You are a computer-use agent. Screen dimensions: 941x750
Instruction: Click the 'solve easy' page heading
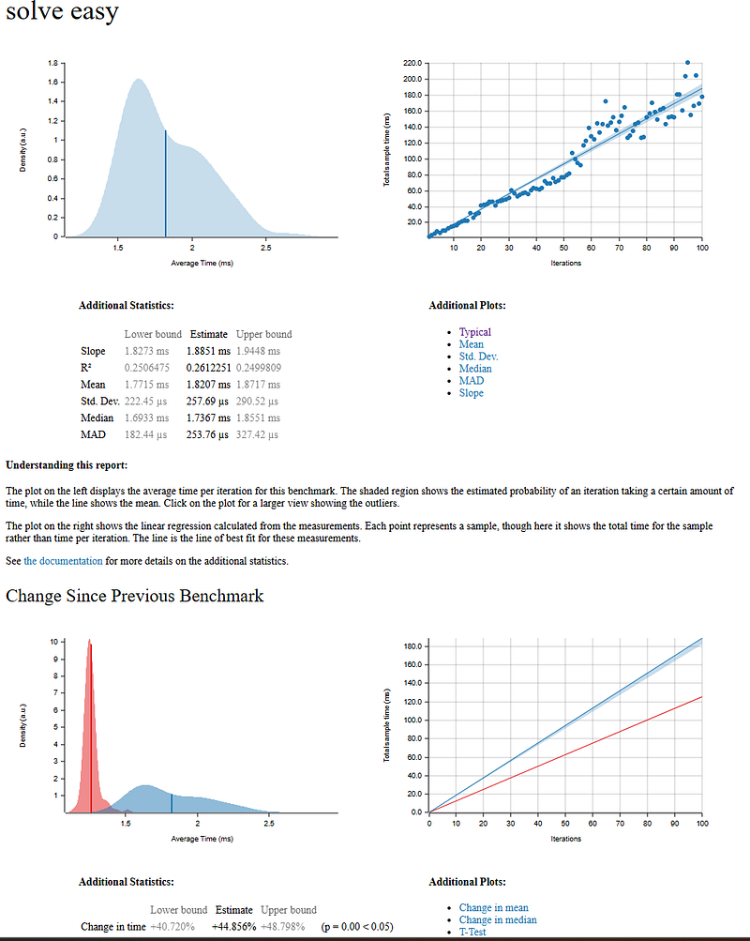coord(62,13)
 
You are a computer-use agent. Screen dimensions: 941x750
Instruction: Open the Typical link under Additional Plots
coord(474,332)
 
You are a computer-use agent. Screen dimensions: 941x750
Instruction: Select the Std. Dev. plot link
coord(478,357)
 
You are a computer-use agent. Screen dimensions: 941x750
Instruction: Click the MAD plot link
coord(471,381)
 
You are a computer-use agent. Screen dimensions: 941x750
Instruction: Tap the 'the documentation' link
coord(63,561)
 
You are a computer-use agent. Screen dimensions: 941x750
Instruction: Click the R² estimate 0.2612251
coord(207,368)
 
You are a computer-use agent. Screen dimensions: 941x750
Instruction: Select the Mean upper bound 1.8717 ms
coord(258,385)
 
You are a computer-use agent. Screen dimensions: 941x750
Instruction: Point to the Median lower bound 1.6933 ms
coord(146,418)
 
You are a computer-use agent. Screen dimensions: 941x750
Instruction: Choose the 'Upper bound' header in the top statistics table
coord(263,334)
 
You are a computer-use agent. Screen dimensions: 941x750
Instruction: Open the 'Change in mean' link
coord(493,907)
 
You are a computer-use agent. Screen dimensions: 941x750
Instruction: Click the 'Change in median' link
coord(497,919)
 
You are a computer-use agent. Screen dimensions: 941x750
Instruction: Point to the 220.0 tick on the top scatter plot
coord(412,63)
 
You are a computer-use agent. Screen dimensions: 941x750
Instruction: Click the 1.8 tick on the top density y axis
coord(55,63)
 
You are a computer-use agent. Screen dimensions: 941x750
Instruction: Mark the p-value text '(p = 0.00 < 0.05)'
coord(356,927)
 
